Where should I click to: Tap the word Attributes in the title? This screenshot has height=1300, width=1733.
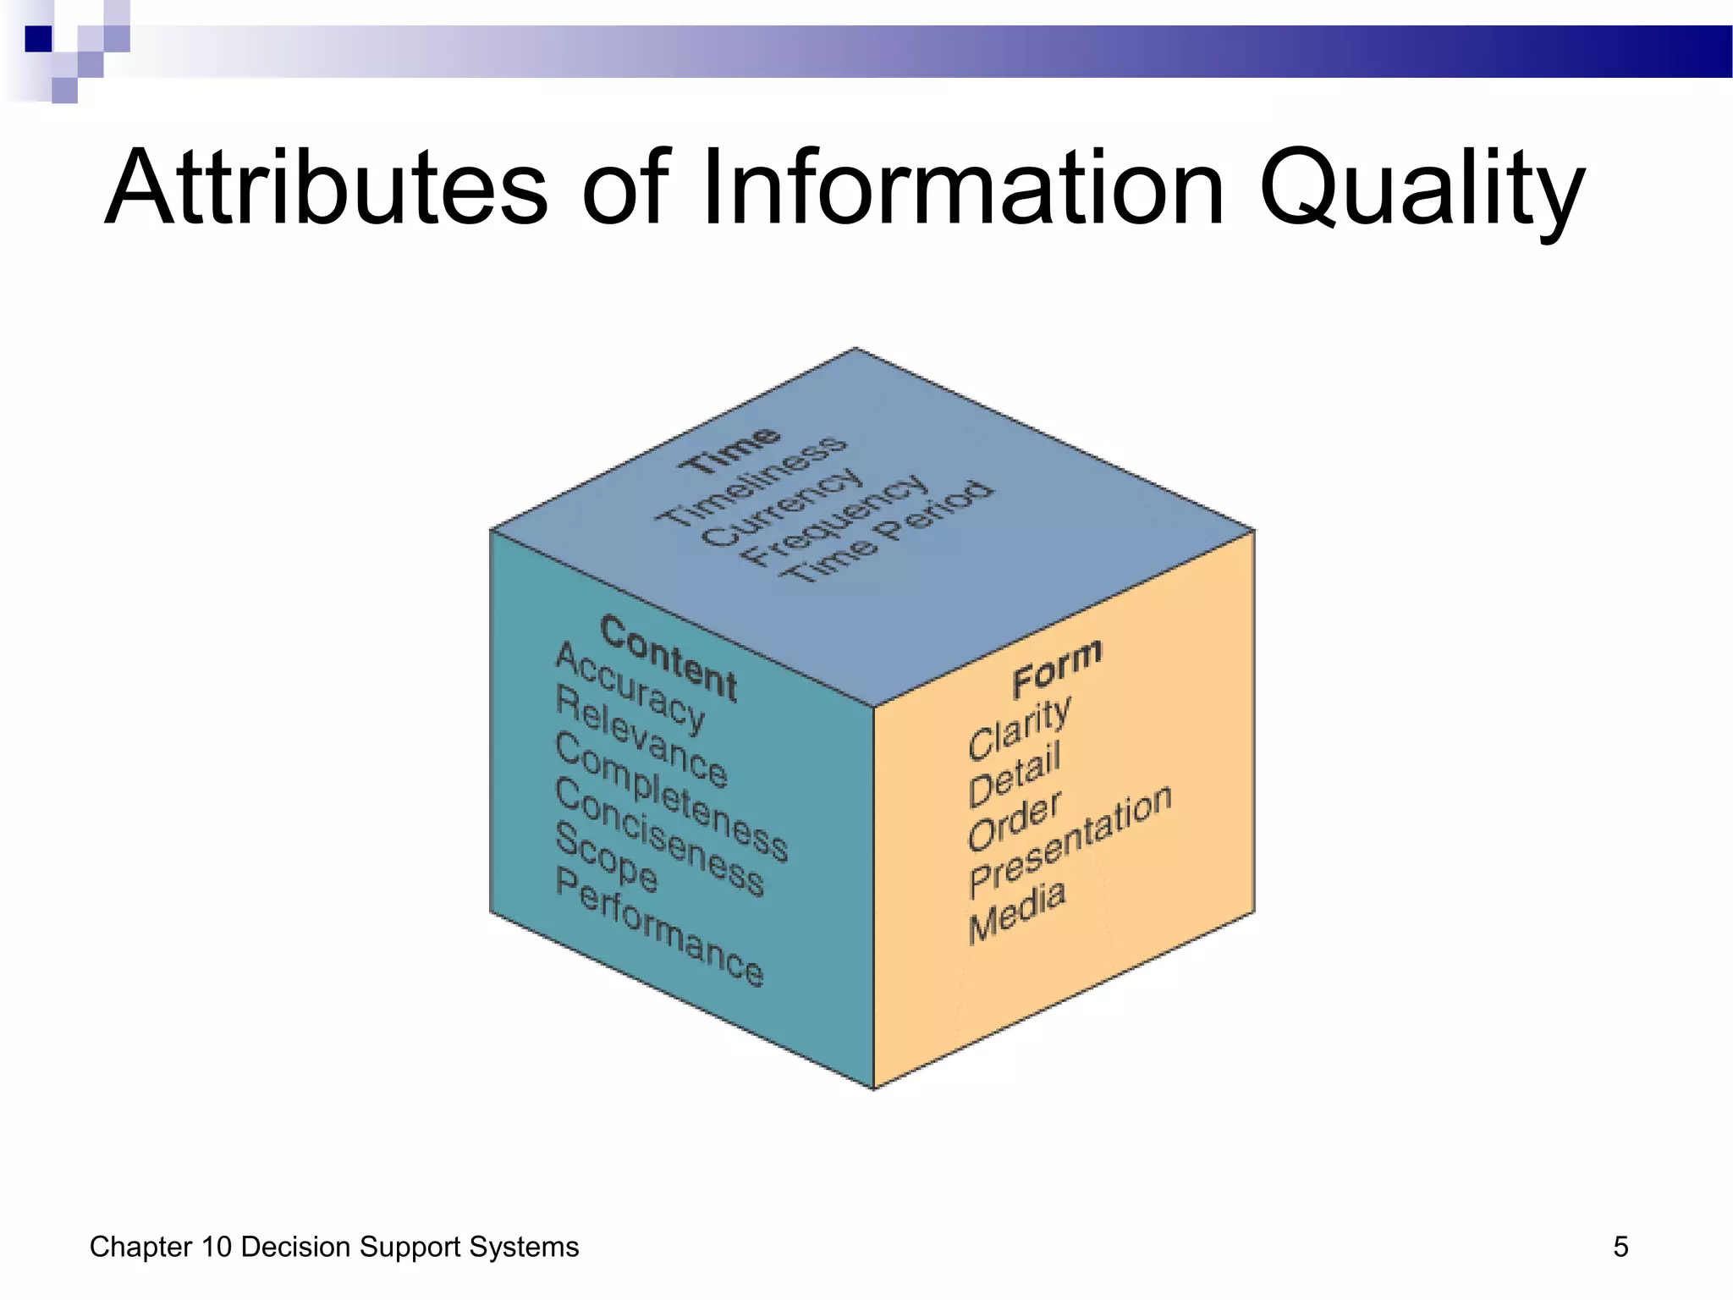(326, 188)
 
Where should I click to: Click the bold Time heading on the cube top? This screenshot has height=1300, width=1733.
(729, 449)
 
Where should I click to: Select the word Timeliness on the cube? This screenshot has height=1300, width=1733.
(751, 480)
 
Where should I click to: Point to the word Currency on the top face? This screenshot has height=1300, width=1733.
(783, 507)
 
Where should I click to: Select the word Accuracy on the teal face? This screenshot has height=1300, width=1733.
(630, 687)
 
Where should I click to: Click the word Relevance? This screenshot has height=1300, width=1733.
(641, 736)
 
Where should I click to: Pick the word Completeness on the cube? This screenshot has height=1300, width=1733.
(672, 796)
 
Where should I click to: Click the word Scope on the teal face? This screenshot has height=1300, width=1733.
(606, 857)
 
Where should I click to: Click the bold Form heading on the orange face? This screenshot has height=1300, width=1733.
(1057, 668)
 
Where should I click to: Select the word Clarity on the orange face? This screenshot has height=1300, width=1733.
(1019, 728)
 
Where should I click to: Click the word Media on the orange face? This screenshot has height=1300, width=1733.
(1016, 912)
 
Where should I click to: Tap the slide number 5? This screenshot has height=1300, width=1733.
(1620, 1247)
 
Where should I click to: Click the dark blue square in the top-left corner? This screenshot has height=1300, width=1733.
(38, 39)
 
